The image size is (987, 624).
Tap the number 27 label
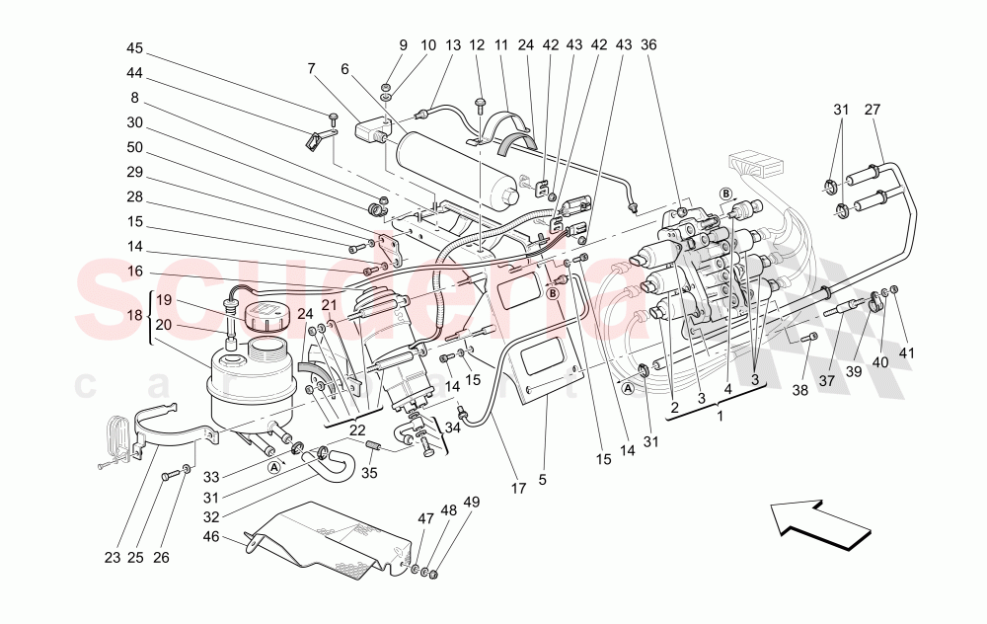873,110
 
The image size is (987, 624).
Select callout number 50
135,147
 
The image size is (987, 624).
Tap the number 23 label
112,558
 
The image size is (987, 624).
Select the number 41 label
906,352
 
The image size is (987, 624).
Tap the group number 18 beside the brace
135,316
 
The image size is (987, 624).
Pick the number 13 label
453,45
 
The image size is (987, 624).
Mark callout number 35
371,473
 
